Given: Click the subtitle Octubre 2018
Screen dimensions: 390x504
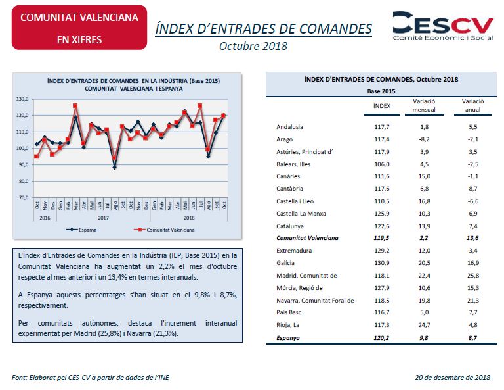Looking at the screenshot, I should click(253, 46).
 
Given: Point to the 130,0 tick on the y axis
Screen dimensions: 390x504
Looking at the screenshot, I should click(22, 99).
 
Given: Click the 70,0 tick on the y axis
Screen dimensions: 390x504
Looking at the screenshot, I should click(22, 197).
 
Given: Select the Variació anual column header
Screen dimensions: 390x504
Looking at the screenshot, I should click(472, 105).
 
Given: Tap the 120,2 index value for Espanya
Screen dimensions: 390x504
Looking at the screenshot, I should click(382, 338).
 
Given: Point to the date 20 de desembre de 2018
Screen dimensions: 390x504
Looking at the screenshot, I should click(453, 378).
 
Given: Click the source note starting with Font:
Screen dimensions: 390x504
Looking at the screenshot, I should click(94, 378).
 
